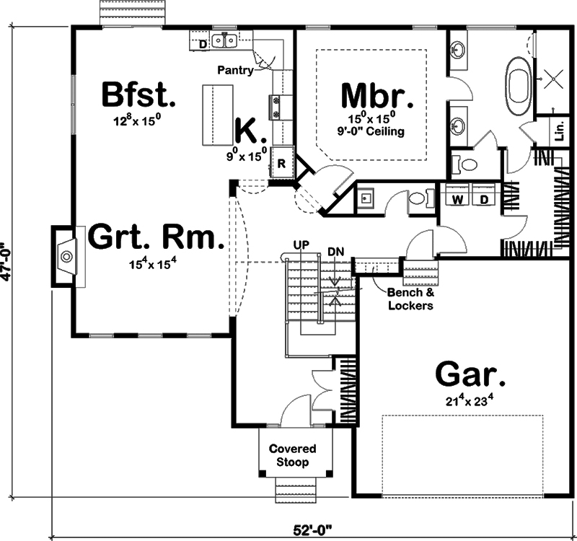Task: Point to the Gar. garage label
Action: (x=470, y=375)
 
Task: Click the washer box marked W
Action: (x=457, y=198)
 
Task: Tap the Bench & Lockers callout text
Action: (x=410, y=299)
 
